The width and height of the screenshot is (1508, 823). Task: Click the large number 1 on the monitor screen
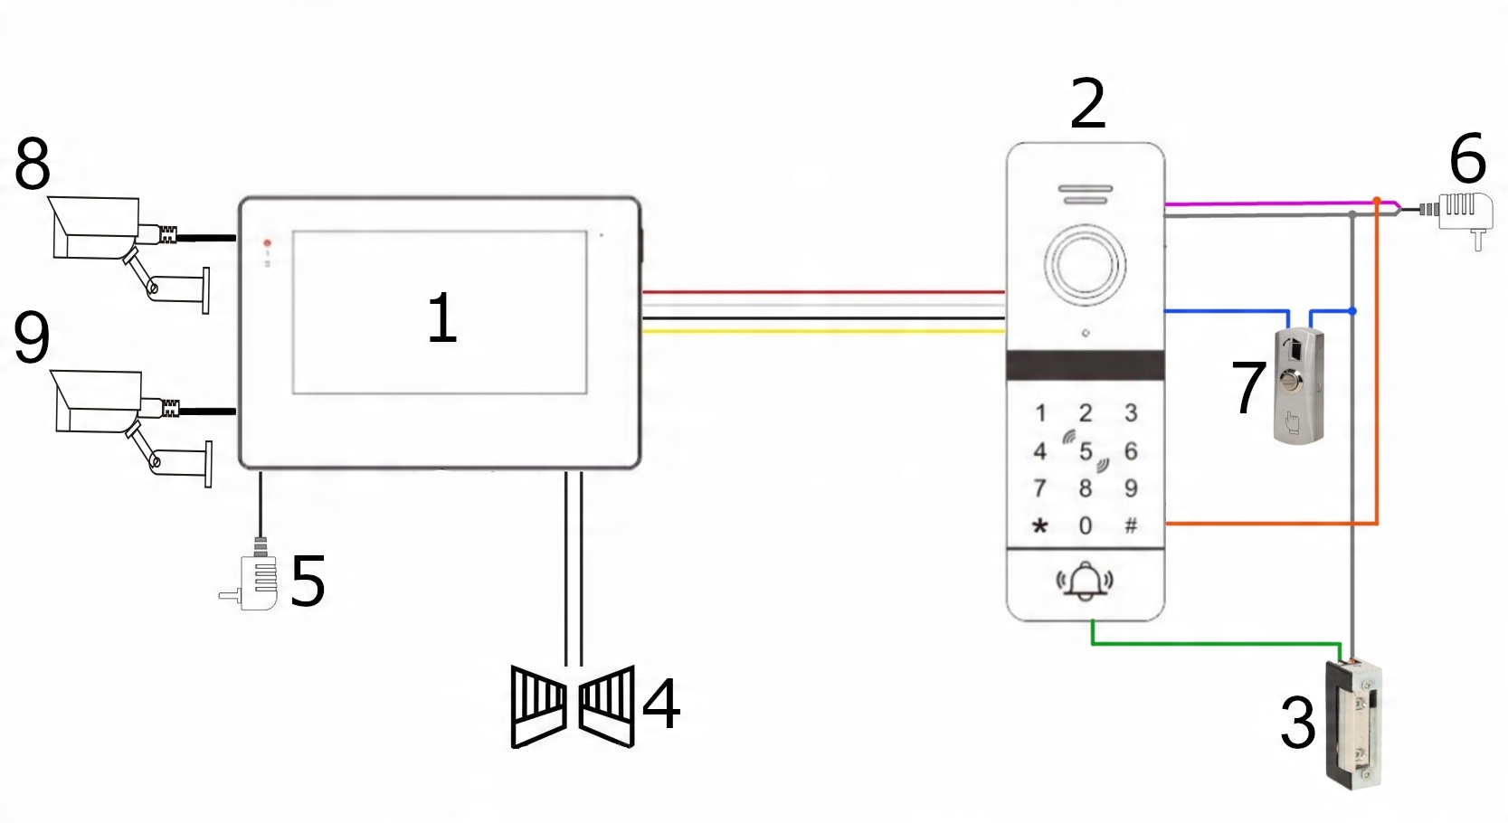coord(442,318)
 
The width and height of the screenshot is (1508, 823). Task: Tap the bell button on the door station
coord(1085,581)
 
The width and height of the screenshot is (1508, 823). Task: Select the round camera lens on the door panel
coord(1085,265)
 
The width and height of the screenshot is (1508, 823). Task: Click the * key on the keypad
coord(1040,526)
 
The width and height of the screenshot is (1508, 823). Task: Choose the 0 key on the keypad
coord(1086,526)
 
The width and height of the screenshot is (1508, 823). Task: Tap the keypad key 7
coord(1040,489)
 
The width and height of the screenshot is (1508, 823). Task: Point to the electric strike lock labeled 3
coord(1354,724)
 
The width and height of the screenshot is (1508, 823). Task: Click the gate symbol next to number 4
coord(573,706)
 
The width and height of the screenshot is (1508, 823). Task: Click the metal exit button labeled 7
coord(1298,386)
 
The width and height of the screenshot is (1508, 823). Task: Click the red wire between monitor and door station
coord(823,292)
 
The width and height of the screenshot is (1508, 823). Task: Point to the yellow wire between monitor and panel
coord(823,332)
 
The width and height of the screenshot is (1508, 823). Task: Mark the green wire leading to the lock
coord(1212,644)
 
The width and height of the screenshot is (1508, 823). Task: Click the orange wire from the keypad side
coord(1266,523)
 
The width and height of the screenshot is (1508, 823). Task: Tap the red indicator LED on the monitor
coord(267,243)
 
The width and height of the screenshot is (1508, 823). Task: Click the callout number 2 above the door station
coord(1087,104)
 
